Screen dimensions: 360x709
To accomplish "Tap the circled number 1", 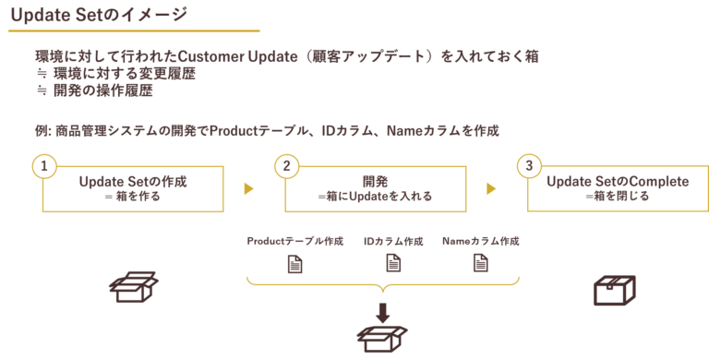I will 43,166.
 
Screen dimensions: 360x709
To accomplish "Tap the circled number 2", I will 286,166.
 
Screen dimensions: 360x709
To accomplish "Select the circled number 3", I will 528,166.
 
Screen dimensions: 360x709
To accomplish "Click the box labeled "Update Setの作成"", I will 133,189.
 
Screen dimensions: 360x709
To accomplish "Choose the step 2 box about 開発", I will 375,189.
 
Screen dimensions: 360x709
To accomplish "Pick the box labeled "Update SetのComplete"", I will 617,189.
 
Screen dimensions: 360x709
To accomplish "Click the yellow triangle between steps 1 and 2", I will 248,189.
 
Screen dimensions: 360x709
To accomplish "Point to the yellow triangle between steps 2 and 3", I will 491,189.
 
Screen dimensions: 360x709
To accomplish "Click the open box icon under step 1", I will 134,287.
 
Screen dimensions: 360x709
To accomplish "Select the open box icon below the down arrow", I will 382,339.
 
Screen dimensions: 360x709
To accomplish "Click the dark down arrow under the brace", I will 382,311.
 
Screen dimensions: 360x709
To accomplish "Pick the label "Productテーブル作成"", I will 294,241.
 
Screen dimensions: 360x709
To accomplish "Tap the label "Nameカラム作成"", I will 480,241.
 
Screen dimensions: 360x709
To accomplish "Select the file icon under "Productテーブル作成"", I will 294,263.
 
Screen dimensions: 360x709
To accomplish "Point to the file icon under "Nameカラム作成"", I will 480,263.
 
